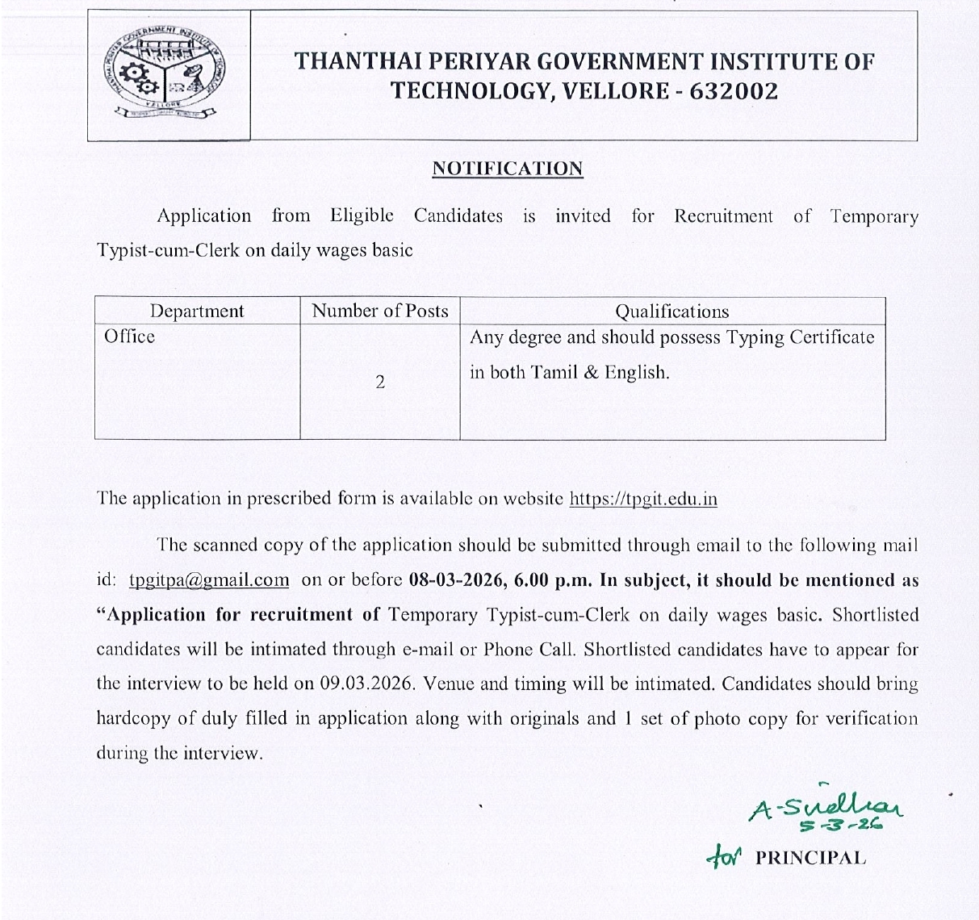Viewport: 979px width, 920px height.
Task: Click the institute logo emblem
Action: point(167,75)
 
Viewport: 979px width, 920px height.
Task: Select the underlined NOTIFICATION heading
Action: point(507,169)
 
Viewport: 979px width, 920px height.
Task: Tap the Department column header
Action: point(197,312)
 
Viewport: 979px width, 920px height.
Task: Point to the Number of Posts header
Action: point(379,311)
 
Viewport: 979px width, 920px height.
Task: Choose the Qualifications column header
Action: point(671,312)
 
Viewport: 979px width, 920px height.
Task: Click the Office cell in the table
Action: point(129,337)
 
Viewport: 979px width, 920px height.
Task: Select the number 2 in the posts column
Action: point(379,382)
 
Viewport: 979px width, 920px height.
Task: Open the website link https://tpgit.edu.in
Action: point(643,499)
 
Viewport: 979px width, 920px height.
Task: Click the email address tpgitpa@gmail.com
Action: point(208,580)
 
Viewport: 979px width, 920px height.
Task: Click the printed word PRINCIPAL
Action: point(810,858)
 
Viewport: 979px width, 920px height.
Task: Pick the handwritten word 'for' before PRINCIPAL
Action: point(722,856)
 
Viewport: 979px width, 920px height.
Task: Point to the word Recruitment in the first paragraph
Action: point(723,216)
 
